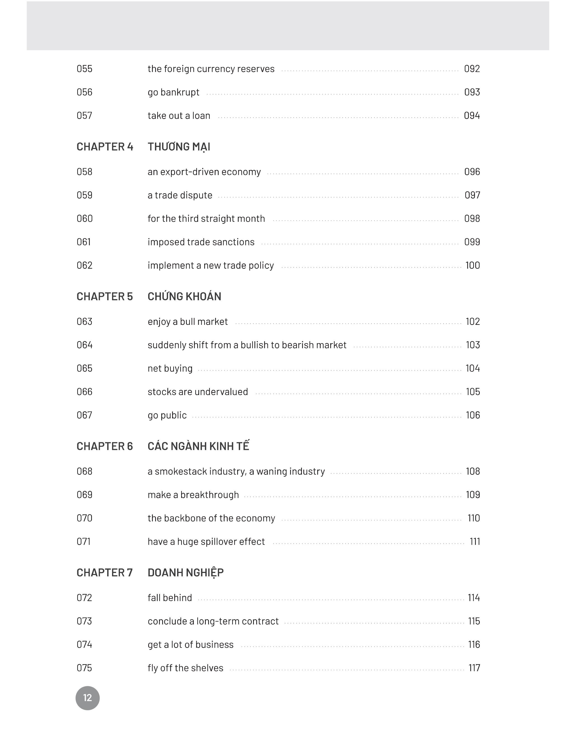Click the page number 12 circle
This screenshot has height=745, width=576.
tap(87, 698)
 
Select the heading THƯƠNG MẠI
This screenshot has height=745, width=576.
tap(179, 147)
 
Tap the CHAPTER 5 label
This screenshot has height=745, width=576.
tap(104, 296)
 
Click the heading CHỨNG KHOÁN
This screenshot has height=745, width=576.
tap(184, 296)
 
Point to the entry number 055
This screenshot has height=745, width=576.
tap(84, 69)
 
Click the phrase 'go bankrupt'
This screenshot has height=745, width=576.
tap(173, 92)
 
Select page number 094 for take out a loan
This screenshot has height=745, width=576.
tap(472, 116)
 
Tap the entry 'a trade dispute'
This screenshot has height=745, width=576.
tap(180, 195)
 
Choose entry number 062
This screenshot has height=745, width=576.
tap(84, 265)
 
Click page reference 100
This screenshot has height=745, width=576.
tap(473, 265)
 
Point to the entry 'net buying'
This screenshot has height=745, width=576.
tap(170, 368)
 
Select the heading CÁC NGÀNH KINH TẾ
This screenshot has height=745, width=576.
tap(198, 446)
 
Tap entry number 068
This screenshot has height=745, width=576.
tap(84, 471)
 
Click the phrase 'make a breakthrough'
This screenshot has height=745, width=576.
tap(193, 495)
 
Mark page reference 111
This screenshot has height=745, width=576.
tap(475, 542)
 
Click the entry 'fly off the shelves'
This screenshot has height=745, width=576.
tap(185, 668)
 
